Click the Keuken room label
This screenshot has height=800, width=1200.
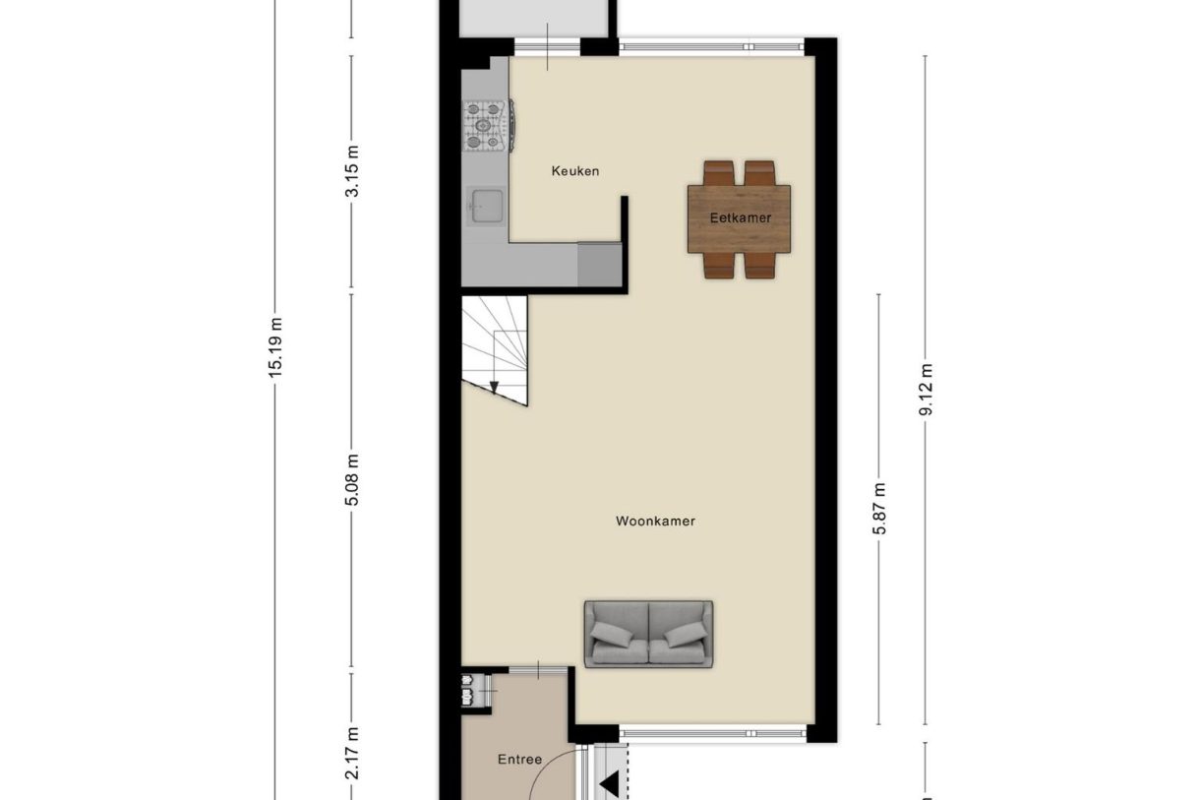point(575,171)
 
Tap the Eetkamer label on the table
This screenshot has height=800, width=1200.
point(741,218)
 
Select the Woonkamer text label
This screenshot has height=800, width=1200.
point(655,522)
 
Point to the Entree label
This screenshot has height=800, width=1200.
point(519,760)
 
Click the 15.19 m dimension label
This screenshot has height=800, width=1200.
point(275,347)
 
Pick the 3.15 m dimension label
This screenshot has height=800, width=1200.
point(352,171)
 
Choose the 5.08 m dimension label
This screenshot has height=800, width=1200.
point(352,480)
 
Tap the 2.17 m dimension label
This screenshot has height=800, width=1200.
point(352,753)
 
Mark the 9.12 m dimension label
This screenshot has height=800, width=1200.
point(926,390)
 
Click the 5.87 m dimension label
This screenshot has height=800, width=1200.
point(879,509)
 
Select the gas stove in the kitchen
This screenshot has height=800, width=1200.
point(488,126)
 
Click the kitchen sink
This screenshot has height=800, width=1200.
point(486,206)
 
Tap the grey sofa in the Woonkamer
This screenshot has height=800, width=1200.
point(648,635)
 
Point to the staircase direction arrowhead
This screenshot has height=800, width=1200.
point(494,387)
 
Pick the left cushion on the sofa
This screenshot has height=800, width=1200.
point(611,635)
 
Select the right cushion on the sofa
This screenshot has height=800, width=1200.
point(686,635)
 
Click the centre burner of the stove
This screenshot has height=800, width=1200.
point(483,125)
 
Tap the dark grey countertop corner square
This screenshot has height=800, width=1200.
point(599,264)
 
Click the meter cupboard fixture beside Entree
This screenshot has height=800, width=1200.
point(476,691)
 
